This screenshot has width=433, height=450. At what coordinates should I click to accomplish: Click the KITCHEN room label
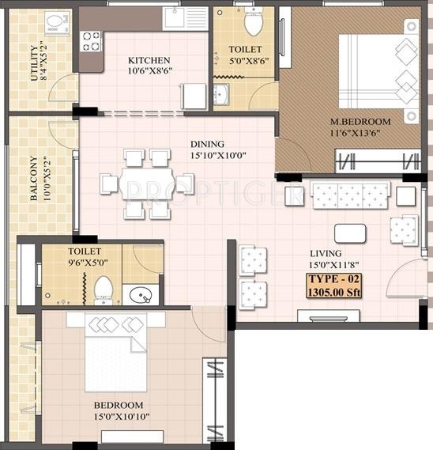149,60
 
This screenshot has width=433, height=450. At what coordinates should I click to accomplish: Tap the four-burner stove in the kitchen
91,41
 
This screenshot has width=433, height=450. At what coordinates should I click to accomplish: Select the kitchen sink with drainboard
185,19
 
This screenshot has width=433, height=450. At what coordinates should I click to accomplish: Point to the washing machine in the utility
58,23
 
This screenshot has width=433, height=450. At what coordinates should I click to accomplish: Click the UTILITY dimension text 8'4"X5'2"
43,62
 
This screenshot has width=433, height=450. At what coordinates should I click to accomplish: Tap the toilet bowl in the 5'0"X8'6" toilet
254,21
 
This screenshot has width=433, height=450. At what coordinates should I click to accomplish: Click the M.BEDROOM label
360,122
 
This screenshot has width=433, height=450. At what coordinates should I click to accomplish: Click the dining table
146,183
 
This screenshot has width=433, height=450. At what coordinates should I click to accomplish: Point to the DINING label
207,144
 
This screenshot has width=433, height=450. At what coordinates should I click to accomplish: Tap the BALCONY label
34,178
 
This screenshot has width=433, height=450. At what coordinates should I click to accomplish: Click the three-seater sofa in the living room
350,195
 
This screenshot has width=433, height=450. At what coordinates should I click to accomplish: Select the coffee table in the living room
350,233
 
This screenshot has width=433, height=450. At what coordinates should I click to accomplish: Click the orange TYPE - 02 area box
333,286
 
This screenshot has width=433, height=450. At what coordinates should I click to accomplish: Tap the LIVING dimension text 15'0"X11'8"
333,265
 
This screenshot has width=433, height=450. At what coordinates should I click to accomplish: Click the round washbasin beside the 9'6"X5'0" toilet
141,295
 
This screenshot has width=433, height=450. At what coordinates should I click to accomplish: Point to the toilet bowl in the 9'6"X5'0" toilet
104,289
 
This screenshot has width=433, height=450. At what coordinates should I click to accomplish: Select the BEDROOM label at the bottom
119,405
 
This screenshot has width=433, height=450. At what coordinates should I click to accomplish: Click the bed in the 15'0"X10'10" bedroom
116,353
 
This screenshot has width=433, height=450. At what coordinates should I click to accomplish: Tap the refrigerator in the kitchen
194,96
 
